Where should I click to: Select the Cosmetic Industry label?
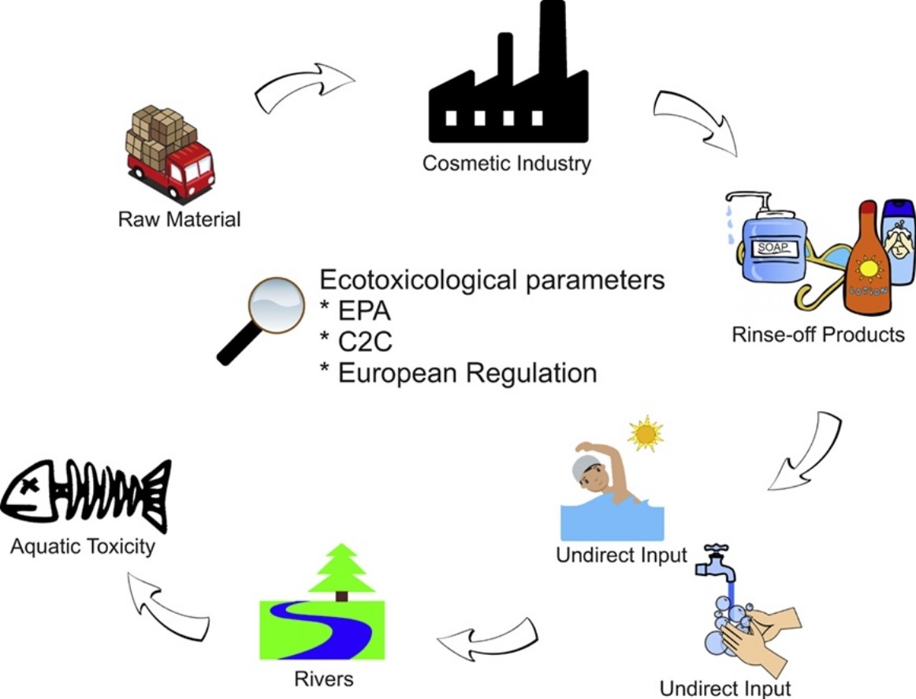[506, 164]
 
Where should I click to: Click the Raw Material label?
[179, 219]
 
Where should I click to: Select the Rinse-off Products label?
[818, 335]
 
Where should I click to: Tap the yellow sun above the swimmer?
[646, 433]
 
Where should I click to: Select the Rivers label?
[324, 679]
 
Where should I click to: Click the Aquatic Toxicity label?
[83, 547]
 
